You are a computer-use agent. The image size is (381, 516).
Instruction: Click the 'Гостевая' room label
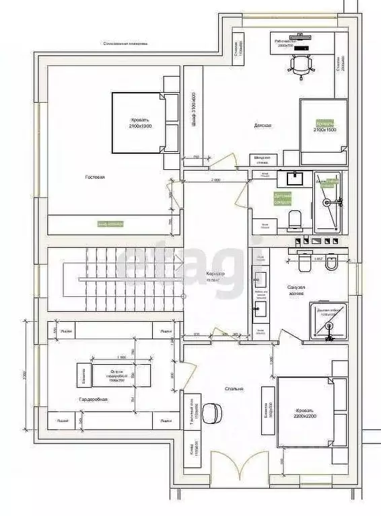click(x=95, y=177)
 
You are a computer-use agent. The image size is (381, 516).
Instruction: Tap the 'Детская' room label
click(x=263, y=126)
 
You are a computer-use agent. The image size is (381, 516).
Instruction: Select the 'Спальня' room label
click(x=235, y=388)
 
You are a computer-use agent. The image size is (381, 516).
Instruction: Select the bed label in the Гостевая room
click(x=139, y=124)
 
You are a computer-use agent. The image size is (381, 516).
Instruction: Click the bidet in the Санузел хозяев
click(x=331, y=263)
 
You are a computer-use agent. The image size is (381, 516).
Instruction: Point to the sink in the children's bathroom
click(x=294, y=179)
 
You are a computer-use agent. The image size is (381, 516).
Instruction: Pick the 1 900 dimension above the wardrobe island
click(x=122, y=357)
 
